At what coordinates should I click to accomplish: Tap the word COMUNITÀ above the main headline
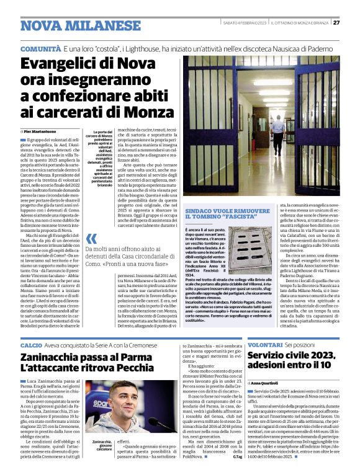coord(40,48)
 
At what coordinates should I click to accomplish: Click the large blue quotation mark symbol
coord(92,238)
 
